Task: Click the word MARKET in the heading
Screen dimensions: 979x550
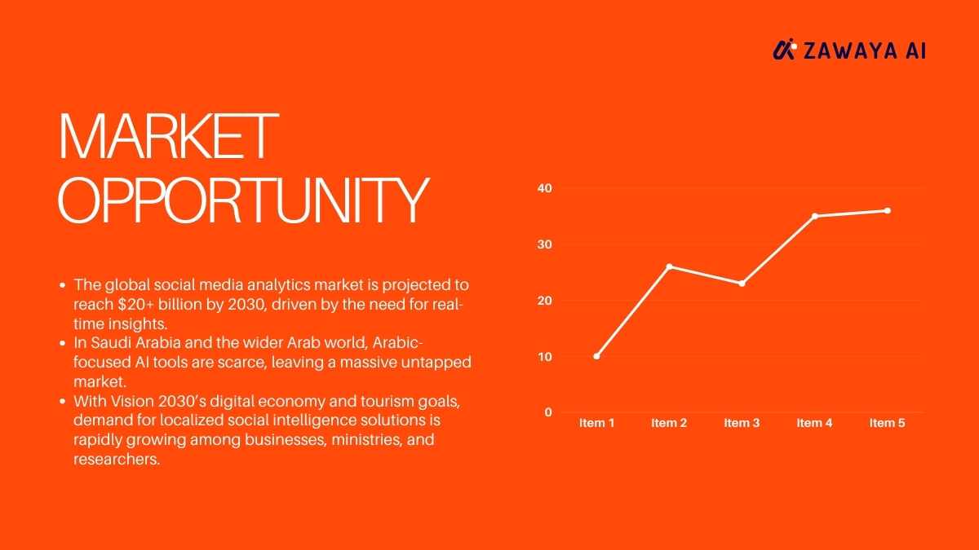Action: [x=168, y=136]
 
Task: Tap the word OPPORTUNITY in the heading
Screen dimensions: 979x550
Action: [x=243, y=200]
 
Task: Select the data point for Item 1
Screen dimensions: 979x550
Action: [x=596, y=356]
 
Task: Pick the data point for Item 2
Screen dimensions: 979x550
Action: [x=669, y=266]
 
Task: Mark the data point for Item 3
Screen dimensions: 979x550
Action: [x=742, y=284]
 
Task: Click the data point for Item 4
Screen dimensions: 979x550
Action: [x=815, y=216]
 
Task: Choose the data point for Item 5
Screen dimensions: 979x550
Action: [x=888, y=211]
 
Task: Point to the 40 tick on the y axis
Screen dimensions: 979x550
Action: [x=545, y=188]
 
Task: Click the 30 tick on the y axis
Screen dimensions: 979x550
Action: [x=545, y=244]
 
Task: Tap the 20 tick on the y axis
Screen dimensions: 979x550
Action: [x=545, y=301]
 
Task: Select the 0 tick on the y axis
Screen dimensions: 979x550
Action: [x=548, y=412]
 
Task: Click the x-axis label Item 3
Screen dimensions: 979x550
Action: [x=742, y=423]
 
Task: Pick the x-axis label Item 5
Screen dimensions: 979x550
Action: [x=888, y=423]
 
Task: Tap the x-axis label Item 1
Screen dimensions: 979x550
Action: [x=596, y=423]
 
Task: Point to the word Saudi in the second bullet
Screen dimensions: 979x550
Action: [x=112, y=343]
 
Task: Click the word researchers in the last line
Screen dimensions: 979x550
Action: [x=116, y=460]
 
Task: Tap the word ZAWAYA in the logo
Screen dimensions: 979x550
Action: [x=850, y=51]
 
